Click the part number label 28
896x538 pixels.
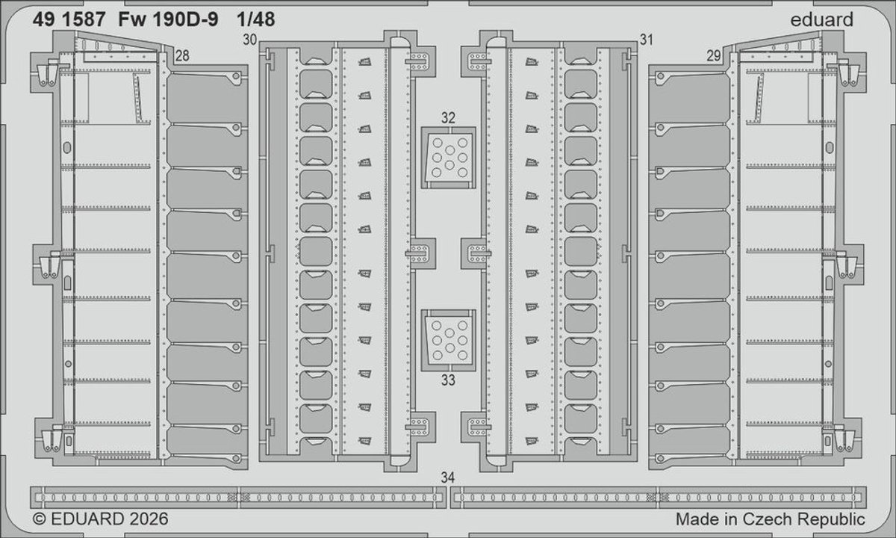point(182,55)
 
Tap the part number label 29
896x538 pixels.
point(714,55)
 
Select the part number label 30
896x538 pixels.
point(249,40)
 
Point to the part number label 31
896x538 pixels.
point(647,40)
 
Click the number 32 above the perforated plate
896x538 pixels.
point(448,118)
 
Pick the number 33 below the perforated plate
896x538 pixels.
point(448,380)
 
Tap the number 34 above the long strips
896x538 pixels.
point(448,477)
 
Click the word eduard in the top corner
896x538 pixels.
point(822,19)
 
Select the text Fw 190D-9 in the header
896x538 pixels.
point(169,19)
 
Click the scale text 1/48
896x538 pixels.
point(256,19)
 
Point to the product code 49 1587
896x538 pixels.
point(69,19)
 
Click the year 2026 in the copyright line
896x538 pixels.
point(149,519)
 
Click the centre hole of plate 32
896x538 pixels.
point(449,150)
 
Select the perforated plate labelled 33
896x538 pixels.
point(449,340)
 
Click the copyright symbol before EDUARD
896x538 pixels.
point(39,519)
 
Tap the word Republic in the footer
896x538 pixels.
point(831,519)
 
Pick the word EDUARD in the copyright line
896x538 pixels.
point(87,519)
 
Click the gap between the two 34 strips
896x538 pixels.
point(449,498)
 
